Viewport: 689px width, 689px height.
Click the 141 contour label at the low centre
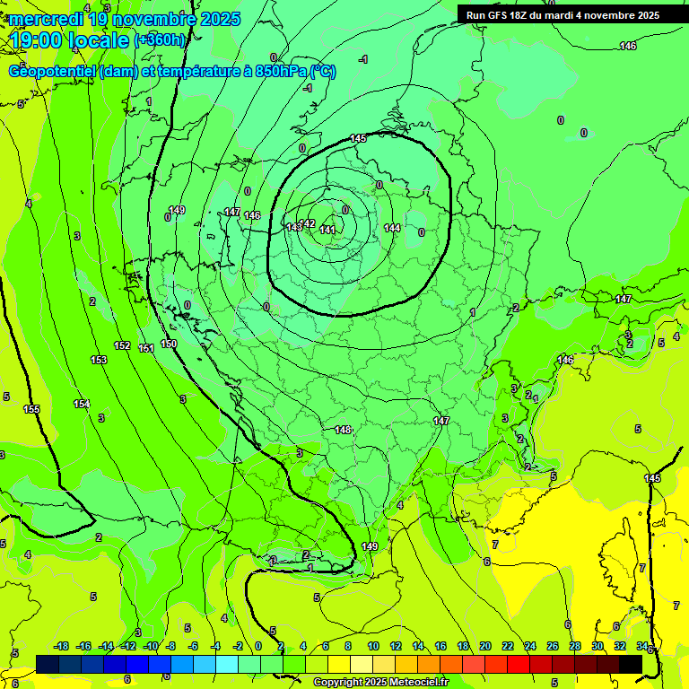click(327, 231)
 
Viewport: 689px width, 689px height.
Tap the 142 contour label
click(307, 223)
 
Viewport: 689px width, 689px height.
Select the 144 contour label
click(392, 229)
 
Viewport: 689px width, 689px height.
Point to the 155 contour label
click(31, 409)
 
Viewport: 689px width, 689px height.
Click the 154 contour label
click(82, 405)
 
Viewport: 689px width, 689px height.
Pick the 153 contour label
click(99, 360)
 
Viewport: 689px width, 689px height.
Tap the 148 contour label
click(343, 430)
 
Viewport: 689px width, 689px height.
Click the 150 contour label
click(169, 344)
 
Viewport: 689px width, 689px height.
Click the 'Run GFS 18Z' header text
click(502, 15)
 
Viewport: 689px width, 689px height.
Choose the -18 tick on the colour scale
click(61, 646)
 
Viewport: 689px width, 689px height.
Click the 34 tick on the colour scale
click(642, 646)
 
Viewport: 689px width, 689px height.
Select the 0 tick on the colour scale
click(258, 646)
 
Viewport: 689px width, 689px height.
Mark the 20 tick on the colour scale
click(485, 646)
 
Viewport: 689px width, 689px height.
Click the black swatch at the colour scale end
click(631, 664)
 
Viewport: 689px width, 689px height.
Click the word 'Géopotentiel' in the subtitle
click(52, 71)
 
